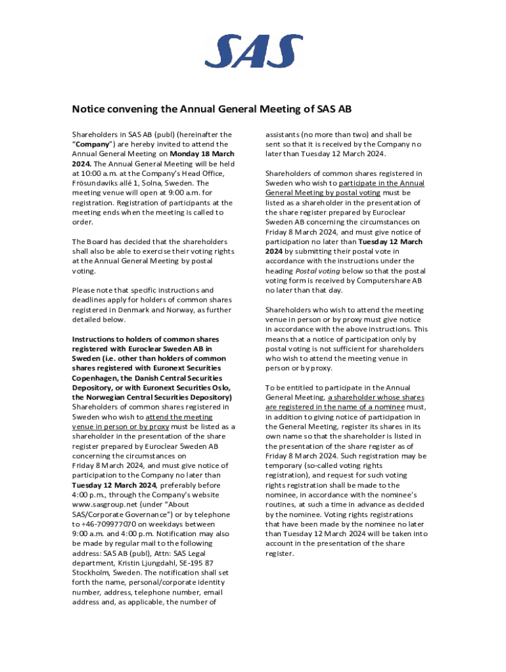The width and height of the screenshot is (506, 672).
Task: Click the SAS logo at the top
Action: (254, 52)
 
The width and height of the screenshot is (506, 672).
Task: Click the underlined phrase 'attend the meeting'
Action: (179, 417)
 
